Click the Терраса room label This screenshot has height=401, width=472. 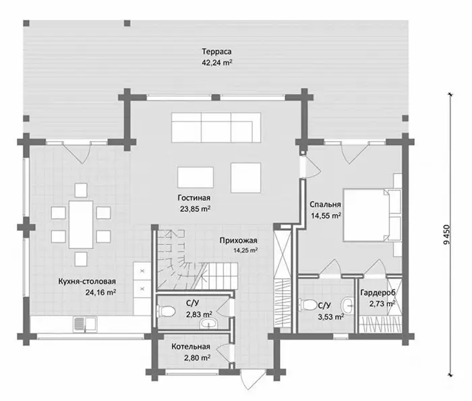(x=216, y=51)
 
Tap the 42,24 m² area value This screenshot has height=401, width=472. (x=216, y=63)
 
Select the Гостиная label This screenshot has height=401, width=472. (x=194, y=198)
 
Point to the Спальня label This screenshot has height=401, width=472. (x=325, y=205)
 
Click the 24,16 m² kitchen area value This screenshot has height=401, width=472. (x=101, y=292)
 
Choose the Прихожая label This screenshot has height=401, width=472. (x=238, y=240)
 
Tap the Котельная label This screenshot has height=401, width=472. (x=191, y=347)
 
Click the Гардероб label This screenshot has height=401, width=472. (x=378, y=292)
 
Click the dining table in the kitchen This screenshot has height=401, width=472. (x=81, y=224)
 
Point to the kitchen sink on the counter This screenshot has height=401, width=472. (x=85, y=324)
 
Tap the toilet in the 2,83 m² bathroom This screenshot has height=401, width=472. (x=166, y=311)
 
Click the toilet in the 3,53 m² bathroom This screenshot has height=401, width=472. (x=307, y=304)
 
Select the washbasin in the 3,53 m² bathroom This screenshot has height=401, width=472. (x=348, y=306)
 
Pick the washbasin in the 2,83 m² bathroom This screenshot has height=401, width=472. (x=208, y=324)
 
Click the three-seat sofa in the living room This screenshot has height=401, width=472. (x=216, y=128)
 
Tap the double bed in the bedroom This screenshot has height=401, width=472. (x=372, y=215)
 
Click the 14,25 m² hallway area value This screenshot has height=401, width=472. (x=245, y=250)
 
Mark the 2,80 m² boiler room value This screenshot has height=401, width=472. (x=197, y=358)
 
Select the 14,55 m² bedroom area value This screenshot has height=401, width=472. (x=326, y=216)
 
